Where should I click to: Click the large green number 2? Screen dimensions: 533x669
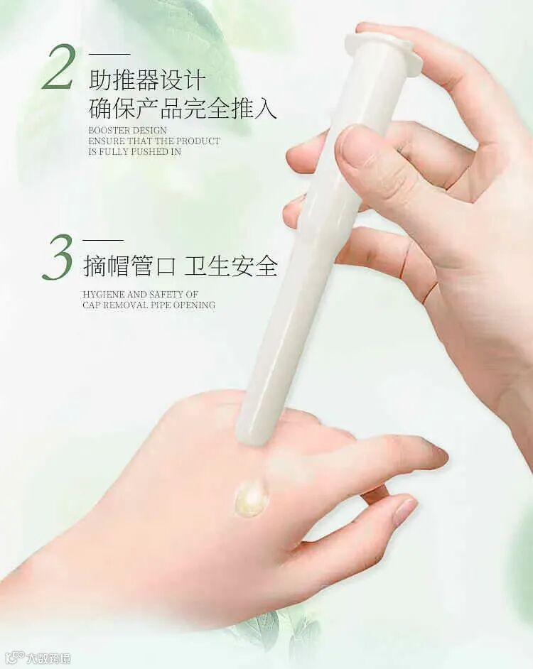[x=60, y=67]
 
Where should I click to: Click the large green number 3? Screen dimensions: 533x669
[x=58, y=257]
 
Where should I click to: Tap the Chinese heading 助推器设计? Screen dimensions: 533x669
[x=147, y=80]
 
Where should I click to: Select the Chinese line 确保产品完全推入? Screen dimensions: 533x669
[x=183, y=107]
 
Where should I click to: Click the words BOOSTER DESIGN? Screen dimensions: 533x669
[x=128, y=130]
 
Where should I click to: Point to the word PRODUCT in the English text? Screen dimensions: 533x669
[x=198, y=141]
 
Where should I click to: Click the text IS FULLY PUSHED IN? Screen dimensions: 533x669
[x=135, y=151]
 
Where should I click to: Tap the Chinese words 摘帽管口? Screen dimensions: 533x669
[x=129, y=266]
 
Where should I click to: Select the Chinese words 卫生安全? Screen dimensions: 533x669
[x=231, y=266]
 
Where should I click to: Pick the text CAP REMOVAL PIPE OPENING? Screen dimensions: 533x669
[x=149, y=305]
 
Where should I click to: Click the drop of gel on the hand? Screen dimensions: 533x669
[x=252, y=497]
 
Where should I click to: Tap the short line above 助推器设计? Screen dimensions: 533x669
[x=109, y=54]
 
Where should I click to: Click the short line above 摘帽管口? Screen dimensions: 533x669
[x=103, y=241]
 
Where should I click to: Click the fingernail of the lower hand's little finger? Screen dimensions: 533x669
[x=404, y=511]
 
